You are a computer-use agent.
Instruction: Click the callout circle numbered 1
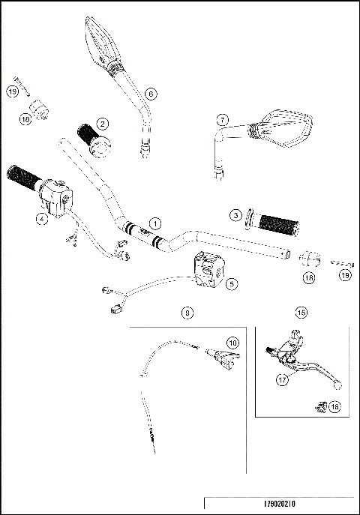(154, 223)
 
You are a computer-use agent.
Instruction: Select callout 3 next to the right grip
(235, 215)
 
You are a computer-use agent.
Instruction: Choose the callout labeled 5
(231, 283)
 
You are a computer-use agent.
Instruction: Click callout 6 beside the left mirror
(150, 94)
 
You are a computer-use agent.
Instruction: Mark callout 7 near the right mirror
(222, 120)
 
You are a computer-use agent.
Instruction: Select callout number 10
(233, 343)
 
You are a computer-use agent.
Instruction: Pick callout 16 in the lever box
(335, 406)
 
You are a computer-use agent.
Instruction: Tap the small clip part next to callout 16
(319, 406)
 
